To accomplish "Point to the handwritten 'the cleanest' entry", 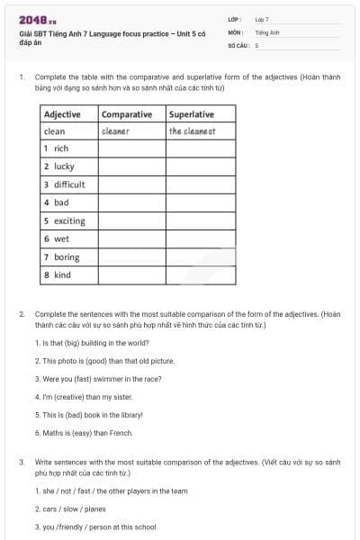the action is click(192, 131).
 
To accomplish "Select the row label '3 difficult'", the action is click(65, 184).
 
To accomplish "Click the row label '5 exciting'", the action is click(65, 220).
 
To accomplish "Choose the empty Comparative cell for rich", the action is click(131, 148).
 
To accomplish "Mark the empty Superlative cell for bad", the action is click(201, 202).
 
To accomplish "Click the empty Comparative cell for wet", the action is click(131, 238).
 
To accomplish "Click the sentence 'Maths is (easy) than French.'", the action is click(85, 433).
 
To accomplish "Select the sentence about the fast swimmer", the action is click(98, 379).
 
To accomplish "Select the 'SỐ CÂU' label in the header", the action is click(237, 44).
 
